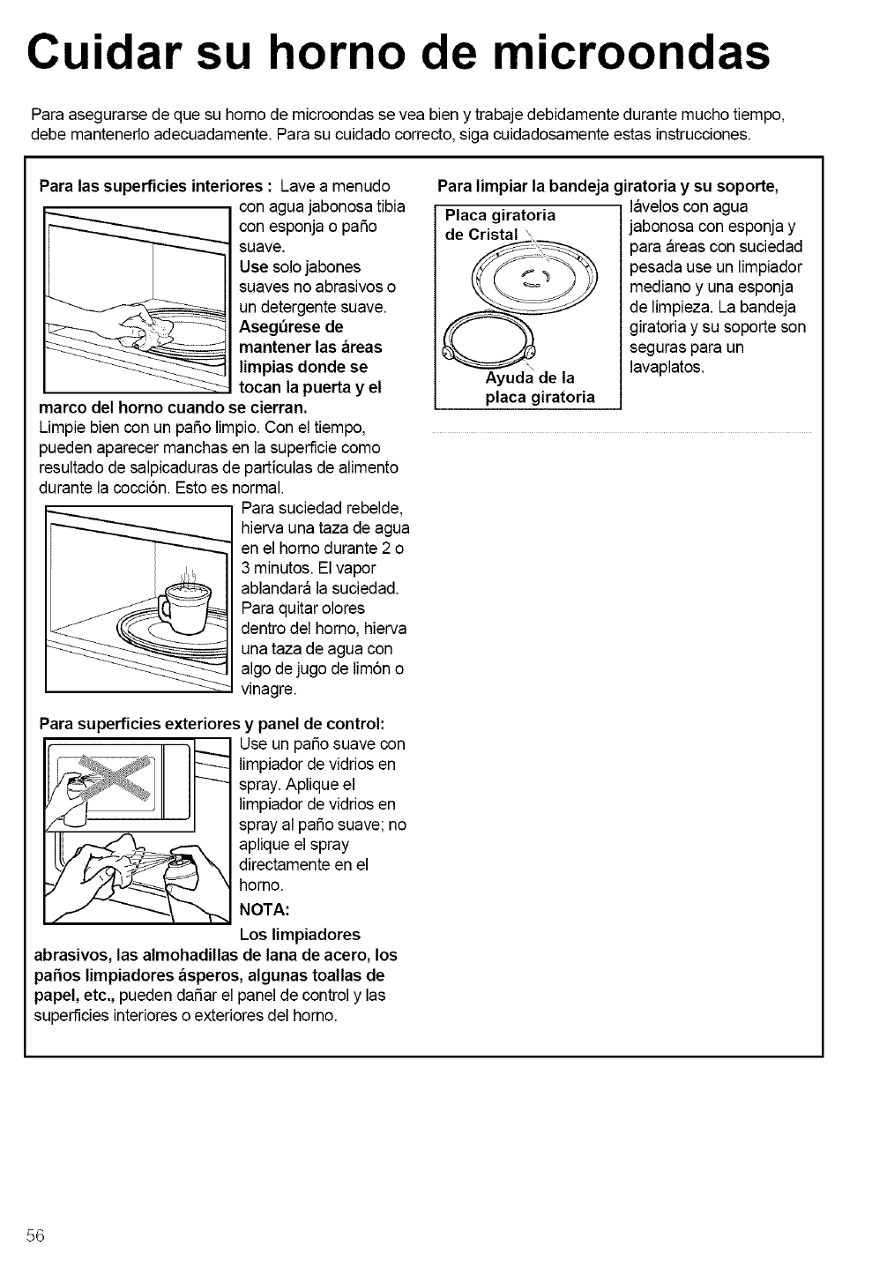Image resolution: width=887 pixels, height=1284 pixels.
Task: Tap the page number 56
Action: pyautogui.click(x=35, y=1235)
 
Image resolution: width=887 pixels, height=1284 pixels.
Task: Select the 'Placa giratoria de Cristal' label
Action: pyautogui.click(x=501, y=224)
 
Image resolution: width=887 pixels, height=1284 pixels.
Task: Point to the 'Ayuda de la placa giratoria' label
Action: pyautogui.click(x=540, y=388)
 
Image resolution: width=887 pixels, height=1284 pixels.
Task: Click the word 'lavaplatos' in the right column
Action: pyautogui.click(x=666, y=367)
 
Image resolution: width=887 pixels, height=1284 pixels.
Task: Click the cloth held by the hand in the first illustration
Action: pyautogui.click(x=151, y=330)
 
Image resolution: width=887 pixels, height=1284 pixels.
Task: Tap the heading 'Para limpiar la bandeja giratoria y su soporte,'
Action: pyautogui.click(x=607, y=187)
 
